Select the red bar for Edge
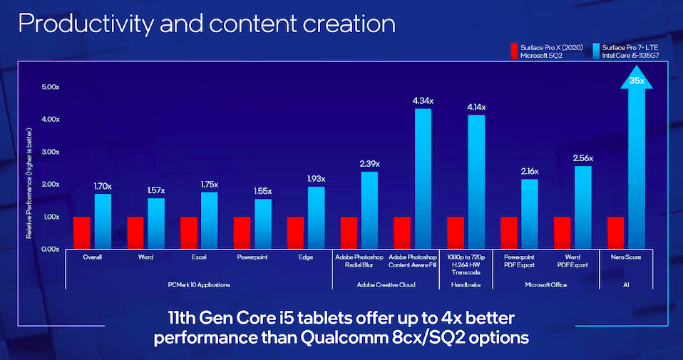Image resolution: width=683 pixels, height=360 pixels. [x=296, y=232]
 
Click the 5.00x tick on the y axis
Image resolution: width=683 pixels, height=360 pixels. [x=49, y=87]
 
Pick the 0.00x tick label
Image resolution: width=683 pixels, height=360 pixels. [x=49, y=249]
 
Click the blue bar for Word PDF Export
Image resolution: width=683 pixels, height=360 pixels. [x=583, y=207]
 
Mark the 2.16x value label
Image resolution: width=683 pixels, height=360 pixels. [x=530, y=172]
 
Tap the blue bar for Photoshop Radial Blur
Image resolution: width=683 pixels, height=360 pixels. [x=369, y=210]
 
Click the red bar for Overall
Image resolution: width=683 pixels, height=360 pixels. [x=82, y=232]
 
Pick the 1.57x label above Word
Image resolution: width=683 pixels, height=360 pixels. [x=156, y=191]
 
